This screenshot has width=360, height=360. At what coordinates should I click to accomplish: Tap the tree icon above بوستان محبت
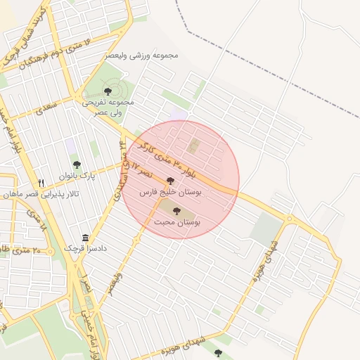(x=176, y=210)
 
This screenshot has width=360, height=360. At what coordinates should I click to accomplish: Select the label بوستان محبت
(x=176, y=221)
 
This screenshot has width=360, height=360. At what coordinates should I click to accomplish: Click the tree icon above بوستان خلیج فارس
(x=170, y=181)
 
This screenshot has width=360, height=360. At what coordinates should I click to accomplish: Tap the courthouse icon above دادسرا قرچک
(x=85, y=238)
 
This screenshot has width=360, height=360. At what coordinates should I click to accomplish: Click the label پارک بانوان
(x=77, y=175)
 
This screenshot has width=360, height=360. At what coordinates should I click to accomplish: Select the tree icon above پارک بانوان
(x=77, y=165)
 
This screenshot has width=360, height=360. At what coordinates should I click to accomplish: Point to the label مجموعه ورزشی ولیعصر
(x=142, y=54)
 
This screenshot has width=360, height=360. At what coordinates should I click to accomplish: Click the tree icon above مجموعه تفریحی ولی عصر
(x=108, y=91)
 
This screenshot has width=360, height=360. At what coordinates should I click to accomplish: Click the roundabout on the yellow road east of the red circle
(x=288, y=219)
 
